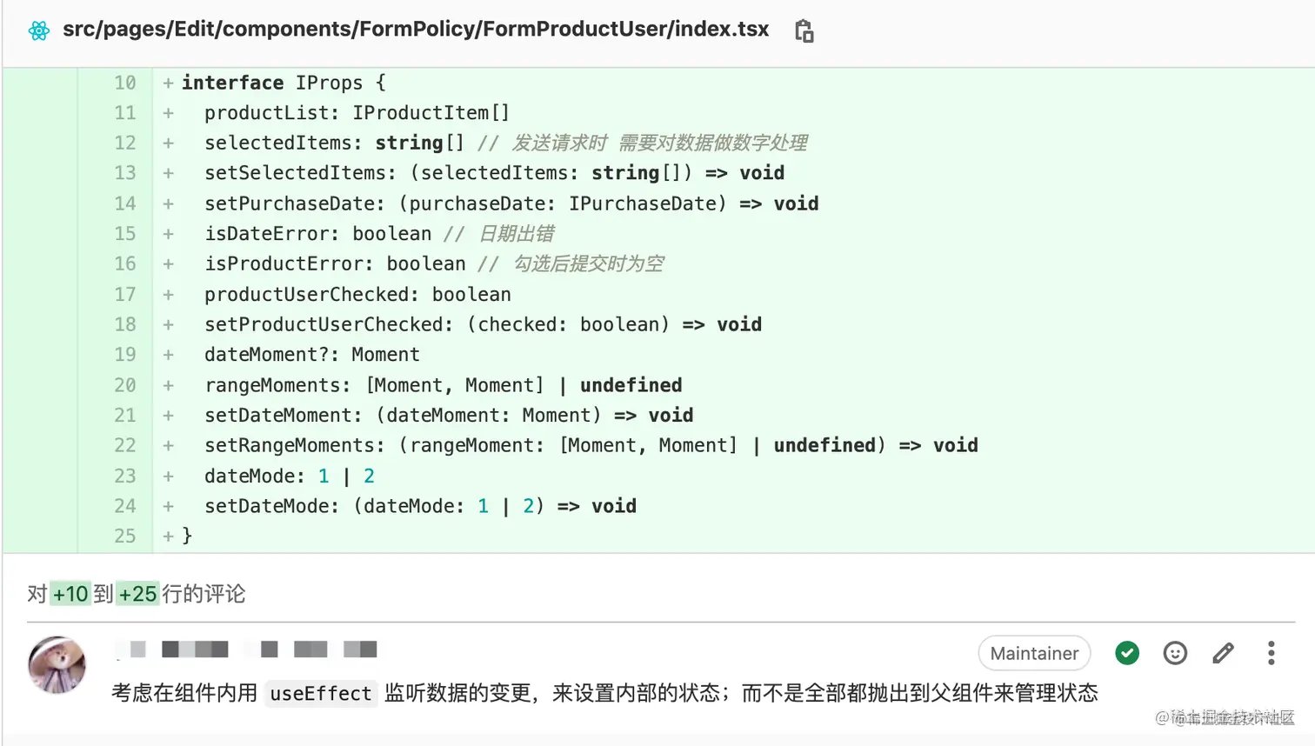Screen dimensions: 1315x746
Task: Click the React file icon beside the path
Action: [x=39, y=31]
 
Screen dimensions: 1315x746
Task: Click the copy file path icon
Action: [x=804, y=31]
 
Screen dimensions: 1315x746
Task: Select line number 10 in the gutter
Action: [x=125, y=83]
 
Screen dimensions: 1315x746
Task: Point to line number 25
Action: [x=125, y=536]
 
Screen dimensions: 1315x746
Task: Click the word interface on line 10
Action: [x=232, y=83]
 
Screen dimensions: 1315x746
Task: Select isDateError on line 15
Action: [x=267, y=234]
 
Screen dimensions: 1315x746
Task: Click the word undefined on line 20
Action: [x=631, y=385]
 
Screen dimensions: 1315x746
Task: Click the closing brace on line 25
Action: [x=187, y=536]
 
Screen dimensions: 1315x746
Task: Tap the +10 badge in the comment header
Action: [x=70, y=594]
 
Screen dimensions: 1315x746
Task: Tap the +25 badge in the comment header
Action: [x=137, y=594]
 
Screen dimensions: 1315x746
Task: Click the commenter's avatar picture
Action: [x=57, y=664]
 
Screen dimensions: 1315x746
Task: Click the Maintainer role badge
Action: [x=1034, y=653]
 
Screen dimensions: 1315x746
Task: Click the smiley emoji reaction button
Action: [x=1175, y=653]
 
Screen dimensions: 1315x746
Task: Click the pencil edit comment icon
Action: [x=1223, y=653]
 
